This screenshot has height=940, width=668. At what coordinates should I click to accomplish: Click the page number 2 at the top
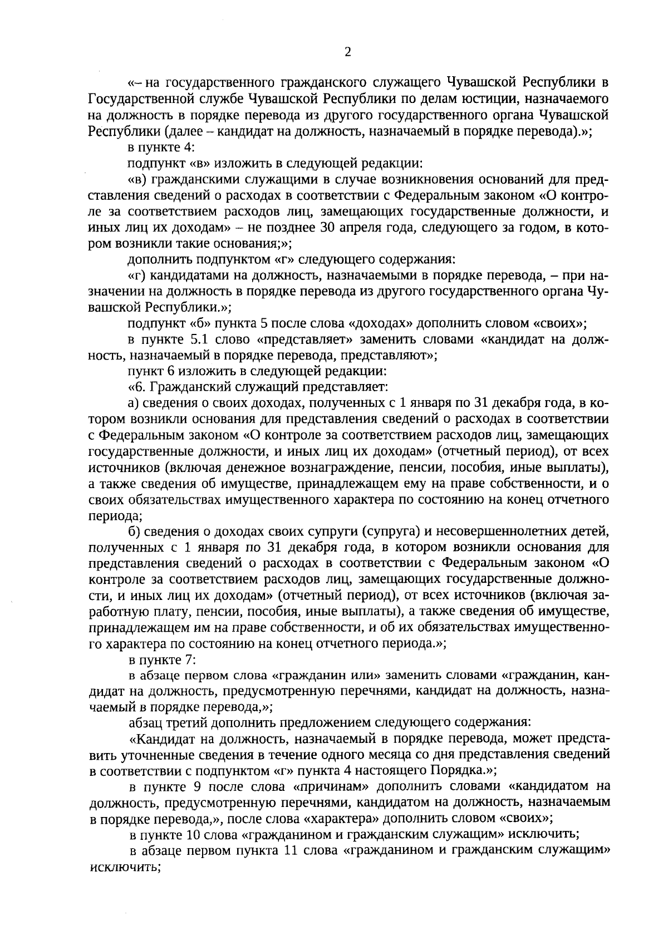[347, 52]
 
